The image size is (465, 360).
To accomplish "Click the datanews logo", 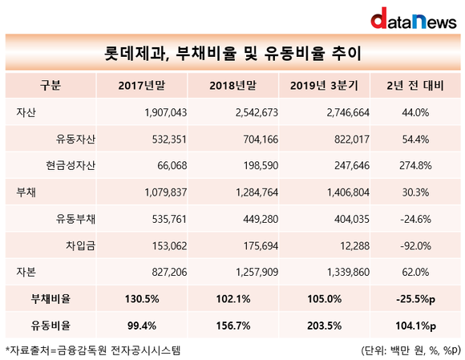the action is point(414,18).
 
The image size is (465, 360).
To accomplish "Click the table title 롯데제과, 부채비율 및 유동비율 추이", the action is point(232,54).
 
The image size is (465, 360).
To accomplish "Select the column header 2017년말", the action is point(142,86).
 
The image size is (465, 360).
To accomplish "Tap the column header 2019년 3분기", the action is point(324,86).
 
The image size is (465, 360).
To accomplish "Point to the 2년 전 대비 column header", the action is point(415,86).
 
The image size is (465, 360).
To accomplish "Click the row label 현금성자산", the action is point(71,165).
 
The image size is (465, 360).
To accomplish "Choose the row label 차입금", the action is point(81,245).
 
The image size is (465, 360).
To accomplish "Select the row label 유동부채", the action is point(75,219).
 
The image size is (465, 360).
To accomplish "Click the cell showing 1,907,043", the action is point(166,113).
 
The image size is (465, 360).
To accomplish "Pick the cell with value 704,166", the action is point(261,140).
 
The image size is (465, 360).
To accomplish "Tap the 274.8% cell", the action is point(415,165).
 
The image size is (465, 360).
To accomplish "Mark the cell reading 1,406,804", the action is point(348,192).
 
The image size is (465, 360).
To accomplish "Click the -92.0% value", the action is point(415,246).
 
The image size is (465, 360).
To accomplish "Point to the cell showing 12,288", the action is point(354,246).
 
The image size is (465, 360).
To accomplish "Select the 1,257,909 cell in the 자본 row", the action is point(257,272).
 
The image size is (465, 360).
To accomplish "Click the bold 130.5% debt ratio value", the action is point(142,299).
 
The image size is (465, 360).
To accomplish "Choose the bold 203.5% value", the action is point(324,326).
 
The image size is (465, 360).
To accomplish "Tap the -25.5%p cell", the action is point(415,299).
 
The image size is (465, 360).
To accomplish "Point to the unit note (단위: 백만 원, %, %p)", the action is point(410,351).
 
